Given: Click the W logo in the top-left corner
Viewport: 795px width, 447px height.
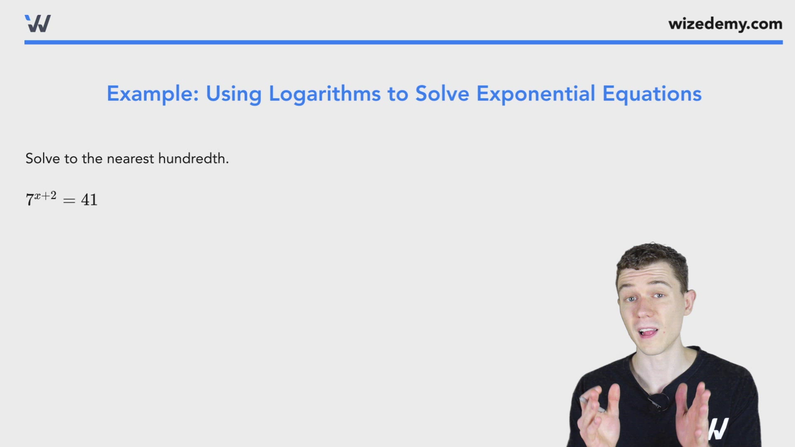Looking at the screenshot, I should (38, 24).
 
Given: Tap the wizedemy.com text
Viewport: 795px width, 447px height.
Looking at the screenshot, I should (725, 24).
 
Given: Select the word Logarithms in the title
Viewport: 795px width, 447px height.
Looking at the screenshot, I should (325, 94).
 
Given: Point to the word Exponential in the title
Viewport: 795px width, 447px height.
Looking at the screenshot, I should (536, 94).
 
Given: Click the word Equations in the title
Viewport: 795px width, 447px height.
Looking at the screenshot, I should (652, 94).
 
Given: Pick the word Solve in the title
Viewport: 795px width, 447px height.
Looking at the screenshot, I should (442, 94).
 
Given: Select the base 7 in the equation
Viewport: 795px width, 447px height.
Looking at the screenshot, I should (29, 200).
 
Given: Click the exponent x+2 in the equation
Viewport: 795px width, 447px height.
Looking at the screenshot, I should (46, 195).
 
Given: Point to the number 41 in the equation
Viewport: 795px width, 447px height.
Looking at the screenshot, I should (89, 200).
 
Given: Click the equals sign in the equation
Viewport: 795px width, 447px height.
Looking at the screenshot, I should (69, 201).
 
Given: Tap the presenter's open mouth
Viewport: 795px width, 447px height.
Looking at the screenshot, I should (648, 332).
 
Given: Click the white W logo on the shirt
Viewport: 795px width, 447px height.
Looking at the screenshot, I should (718, 429).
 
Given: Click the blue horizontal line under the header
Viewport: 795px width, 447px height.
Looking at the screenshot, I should (403, 42).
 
